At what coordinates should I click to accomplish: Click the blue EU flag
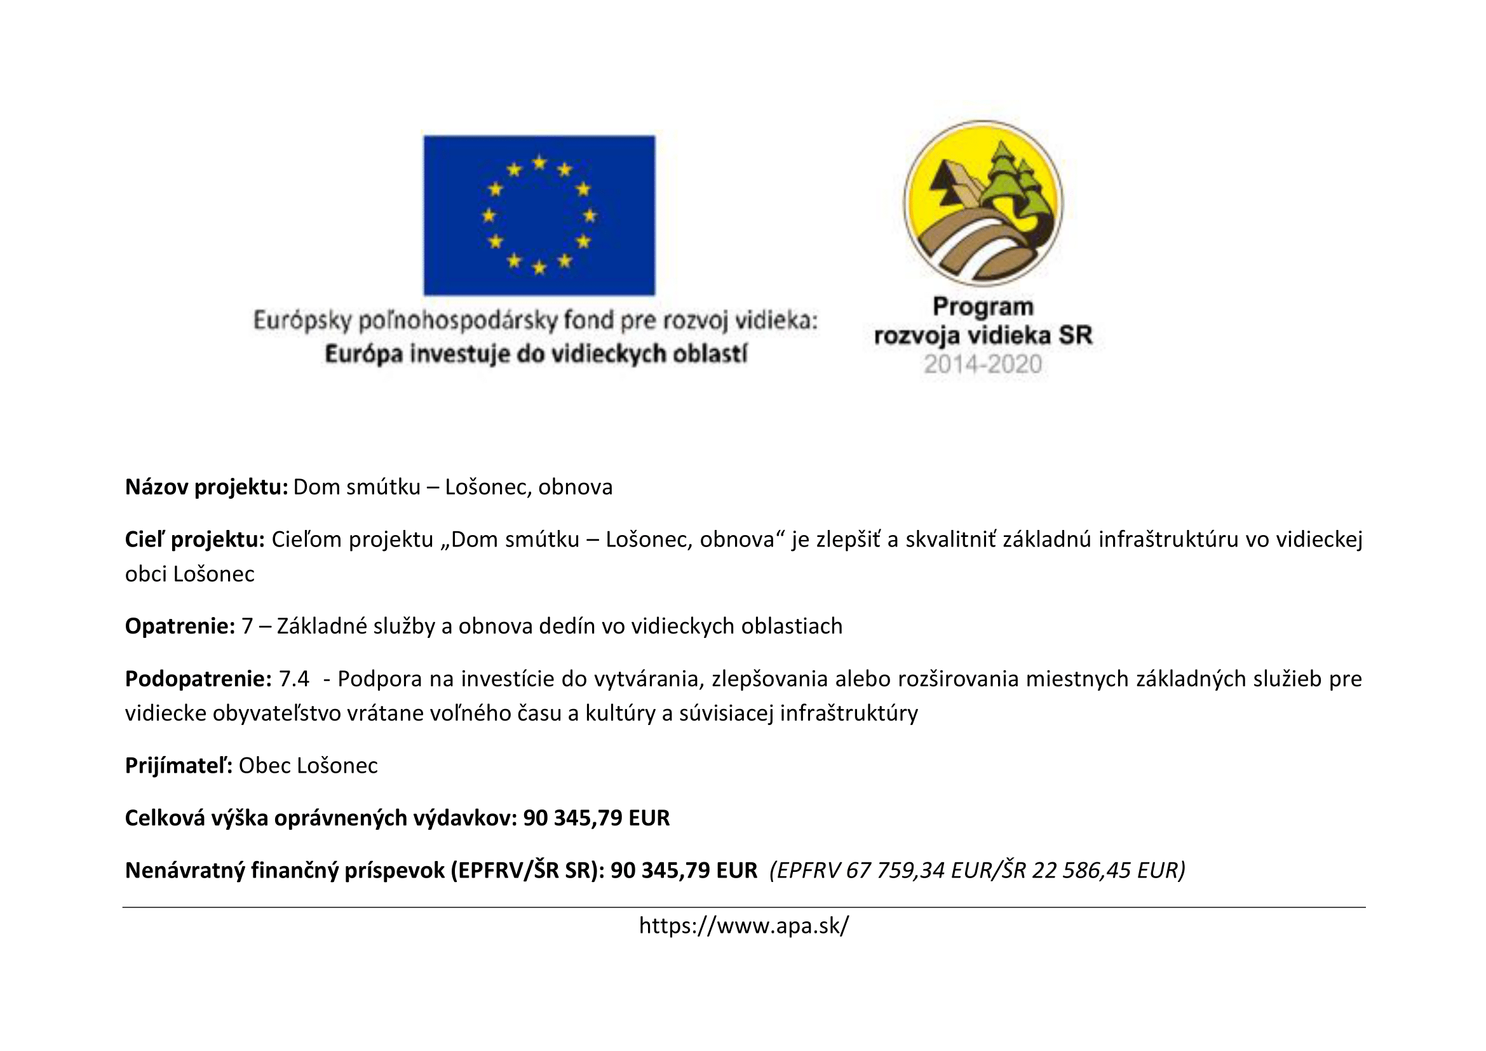tap(539, 215)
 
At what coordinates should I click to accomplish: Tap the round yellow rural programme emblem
tap(982, 203)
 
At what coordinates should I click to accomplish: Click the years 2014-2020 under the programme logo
tap(982, 364)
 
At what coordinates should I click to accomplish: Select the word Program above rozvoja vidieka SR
tap(982, 307)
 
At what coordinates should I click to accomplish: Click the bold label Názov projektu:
tap(206, 487)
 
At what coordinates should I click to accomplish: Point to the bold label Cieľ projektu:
tap(194, 539)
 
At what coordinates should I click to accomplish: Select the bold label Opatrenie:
tap(179, 626)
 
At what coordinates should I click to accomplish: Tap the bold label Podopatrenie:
tap(198, 678)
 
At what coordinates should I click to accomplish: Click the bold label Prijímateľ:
tap(179, 766)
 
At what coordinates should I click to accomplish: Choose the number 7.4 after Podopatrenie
tap(294, 678)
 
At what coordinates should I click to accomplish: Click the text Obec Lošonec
tap(308, 766)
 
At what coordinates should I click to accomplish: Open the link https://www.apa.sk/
tap(744, 926)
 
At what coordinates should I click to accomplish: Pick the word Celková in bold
tap(165, 818)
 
